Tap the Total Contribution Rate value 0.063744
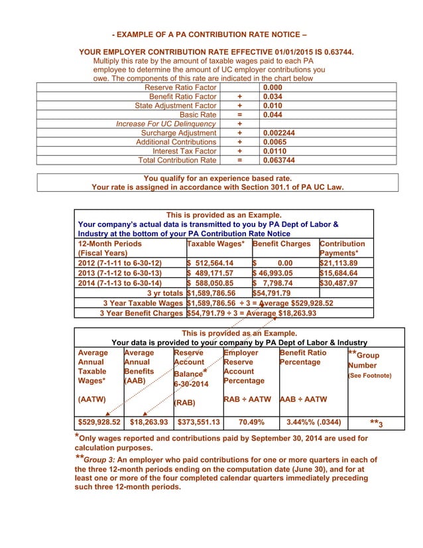tap(278, 160)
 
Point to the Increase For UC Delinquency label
tap(166, 124)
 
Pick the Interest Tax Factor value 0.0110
tap(275, 151)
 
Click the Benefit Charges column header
tap(281, 243)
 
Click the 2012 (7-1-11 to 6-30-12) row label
tap(120, 263)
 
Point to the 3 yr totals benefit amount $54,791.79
tap(273, 293)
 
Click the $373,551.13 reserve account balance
tap(198, 421)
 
